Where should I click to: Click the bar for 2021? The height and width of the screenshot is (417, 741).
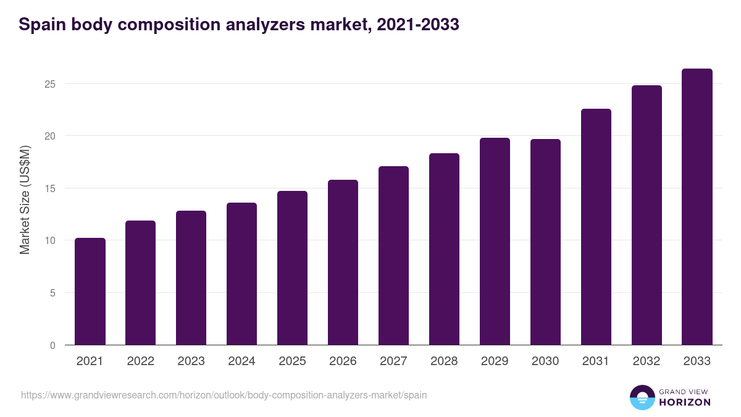coord(90,292)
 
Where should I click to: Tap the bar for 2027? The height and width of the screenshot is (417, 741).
coord(393,256)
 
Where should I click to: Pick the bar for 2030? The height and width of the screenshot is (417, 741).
coord(545,242)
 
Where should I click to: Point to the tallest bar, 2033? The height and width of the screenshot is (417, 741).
coord(697,207)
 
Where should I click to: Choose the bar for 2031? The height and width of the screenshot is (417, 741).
coord(596,227)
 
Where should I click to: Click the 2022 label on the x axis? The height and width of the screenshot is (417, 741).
coord(141,361)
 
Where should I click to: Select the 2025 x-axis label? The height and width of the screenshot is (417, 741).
coord(292,361)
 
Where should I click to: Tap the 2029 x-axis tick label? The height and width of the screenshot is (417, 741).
coord(495,361)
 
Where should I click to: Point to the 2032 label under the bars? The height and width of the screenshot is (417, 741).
coord(647,361)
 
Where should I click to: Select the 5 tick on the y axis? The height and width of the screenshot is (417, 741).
coord(52,293)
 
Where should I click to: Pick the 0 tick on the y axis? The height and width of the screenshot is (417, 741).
coord(52,345)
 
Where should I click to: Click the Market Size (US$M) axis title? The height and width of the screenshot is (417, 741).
coord(25,200)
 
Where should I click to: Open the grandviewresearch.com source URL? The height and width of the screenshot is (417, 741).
coord(224,395)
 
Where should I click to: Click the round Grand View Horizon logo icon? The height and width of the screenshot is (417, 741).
coord(642,397)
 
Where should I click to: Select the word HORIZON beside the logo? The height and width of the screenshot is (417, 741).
coord(685,402)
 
